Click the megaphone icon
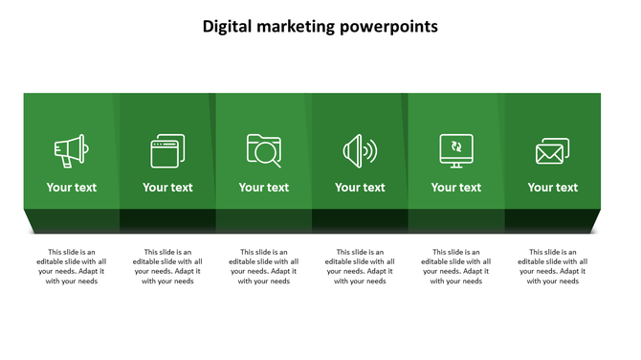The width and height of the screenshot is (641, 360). pos(71,151)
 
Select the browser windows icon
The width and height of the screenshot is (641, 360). pos(167,151)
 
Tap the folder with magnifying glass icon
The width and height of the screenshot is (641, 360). pos(263,150)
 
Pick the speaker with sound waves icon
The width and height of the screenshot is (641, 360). pos(360,151)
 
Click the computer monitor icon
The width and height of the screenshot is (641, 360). pos(456,150)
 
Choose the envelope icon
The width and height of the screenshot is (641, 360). pos(552,151)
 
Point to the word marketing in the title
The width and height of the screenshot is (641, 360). pos(296,27)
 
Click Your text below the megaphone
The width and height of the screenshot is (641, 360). pos(72,188)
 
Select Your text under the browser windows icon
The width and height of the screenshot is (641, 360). pos(167,188)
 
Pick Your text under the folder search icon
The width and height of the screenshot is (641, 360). pos(264,188)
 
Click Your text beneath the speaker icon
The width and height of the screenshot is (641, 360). pos(360,188)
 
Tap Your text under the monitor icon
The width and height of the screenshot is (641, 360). pos(456,188)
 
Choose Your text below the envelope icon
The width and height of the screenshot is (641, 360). pos(553,188)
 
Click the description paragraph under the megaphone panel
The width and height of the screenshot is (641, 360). pos(72,266)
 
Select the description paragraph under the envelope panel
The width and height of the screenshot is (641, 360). pos(553,266)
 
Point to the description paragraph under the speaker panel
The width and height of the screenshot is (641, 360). pos(360,266)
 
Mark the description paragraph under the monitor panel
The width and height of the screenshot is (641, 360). pos(456,266)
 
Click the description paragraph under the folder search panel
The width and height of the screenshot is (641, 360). pos(264,266)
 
